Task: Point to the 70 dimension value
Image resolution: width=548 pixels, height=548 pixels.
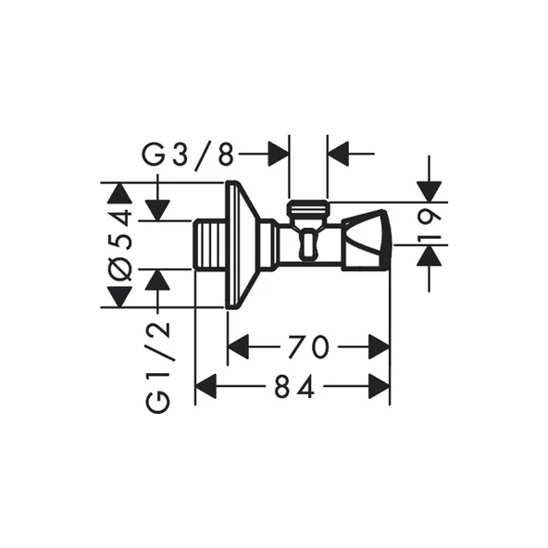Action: click(x=307, y=347)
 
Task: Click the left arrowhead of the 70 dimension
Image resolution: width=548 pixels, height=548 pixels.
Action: click(x=239, y=347)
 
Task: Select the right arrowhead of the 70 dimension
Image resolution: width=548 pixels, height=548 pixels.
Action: click(x=378, y=347)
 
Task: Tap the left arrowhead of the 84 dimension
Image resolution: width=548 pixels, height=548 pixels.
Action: click(x=206, y=387)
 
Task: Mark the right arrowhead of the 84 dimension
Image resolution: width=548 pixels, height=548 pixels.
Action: click(x=378, y=387)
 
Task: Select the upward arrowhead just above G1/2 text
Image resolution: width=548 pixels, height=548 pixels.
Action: click(x=158, y=279)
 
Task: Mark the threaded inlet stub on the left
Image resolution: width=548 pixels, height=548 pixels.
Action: click(x=211, y=245)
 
